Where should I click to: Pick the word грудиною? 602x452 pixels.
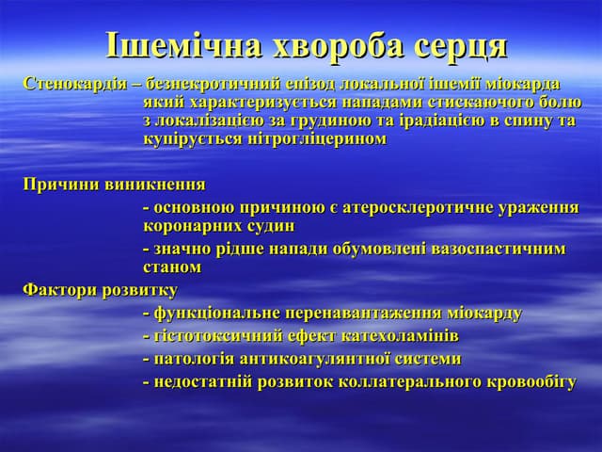pyautogui.click(x=359, y=121)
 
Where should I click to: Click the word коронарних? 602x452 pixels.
pyautogui.click(x=191, y=226)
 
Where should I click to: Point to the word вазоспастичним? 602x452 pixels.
pyautogui.click(x=499, y=249)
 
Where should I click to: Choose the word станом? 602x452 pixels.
pyautogui.click(x=172, y=267)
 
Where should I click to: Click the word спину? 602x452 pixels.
pyautogui.click(x=530, y=121)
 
